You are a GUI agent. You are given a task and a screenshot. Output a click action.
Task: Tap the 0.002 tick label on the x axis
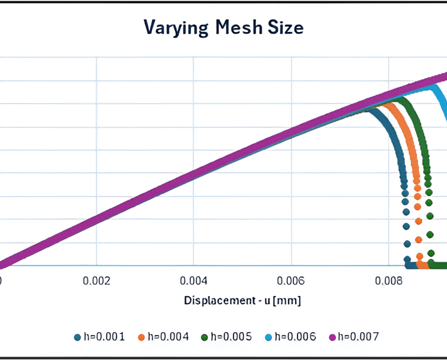[97, 280]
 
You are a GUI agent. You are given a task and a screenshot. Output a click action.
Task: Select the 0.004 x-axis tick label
[194, 280]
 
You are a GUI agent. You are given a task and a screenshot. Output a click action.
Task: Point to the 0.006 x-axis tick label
[291, 280]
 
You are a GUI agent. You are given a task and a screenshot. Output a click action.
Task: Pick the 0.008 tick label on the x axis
[388, 280]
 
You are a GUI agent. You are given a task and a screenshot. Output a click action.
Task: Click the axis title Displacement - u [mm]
[243, 301]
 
